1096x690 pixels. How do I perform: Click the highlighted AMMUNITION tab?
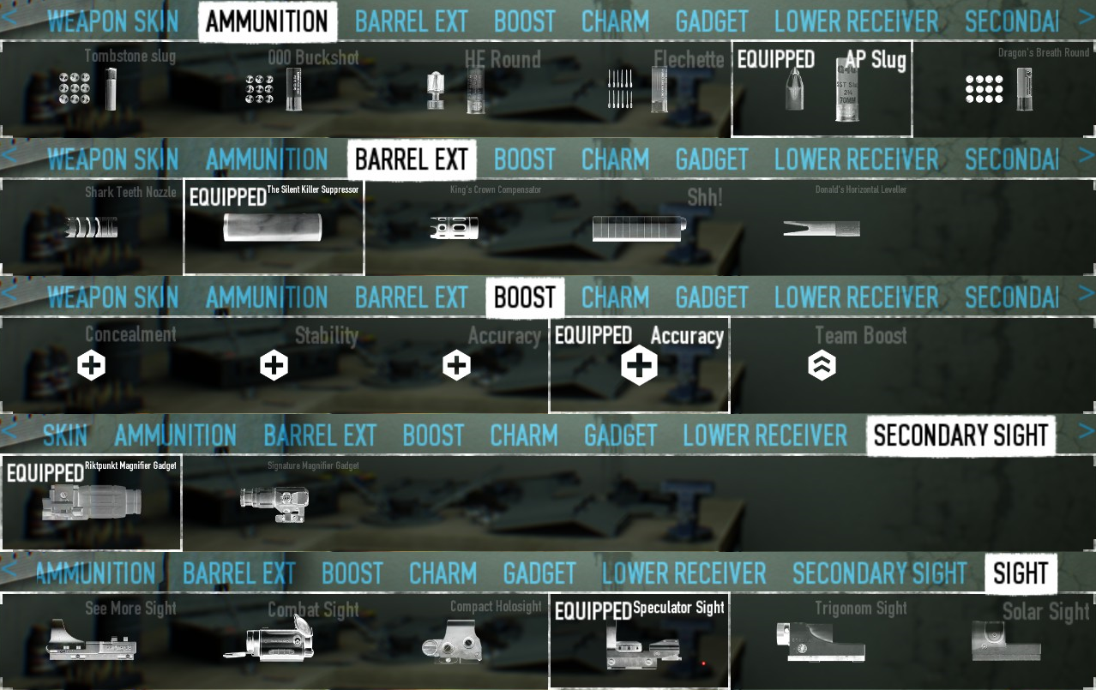pyautogui.click(x=267, y=21)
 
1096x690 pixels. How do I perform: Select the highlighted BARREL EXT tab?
pyautogui.click(x=411, y=159)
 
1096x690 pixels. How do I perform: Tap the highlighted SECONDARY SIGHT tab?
pyautogui.click(x=961, y=435)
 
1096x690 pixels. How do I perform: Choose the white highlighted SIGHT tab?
pyautogui.click(x=1021, y=573)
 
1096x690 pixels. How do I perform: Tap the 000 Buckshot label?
pyautogui.click(x=313, y=58)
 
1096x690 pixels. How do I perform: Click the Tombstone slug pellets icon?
pyautogui.click(x=75, y=89)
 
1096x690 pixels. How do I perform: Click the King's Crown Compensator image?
pyautogui.click(x=454, y=229)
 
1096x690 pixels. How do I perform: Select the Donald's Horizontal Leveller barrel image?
pyautogui.click(x=821, y=229)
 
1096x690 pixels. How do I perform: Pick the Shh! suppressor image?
pyautogui.click(x=639, y=229)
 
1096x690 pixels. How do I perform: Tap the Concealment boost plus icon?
pyautogui.click(x=91, y=366)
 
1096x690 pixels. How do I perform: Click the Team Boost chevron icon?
pyautogui.click(x=822, y=366)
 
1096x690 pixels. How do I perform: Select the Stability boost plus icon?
pyautogui.click(x=274, y=366)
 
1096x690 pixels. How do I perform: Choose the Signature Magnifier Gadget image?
pyautogui.click(x=274, y=503)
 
